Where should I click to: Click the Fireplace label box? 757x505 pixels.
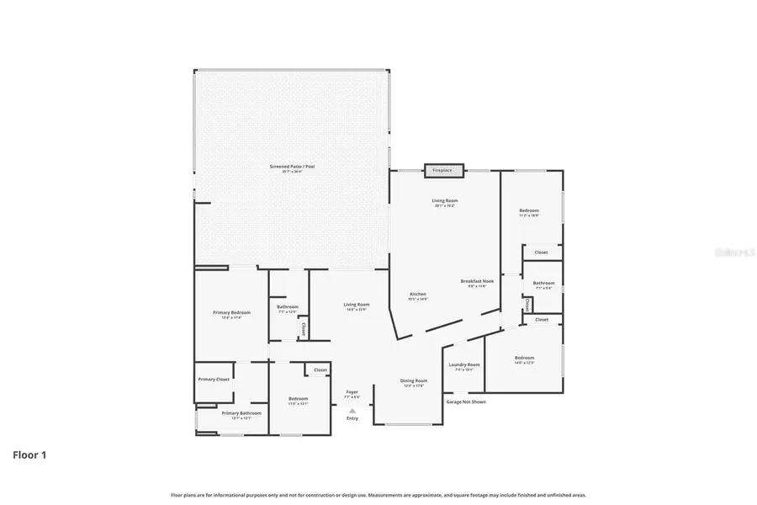point(442,171)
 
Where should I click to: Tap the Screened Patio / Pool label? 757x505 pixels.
point(292,167)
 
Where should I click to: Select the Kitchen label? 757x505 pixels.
point(417,295)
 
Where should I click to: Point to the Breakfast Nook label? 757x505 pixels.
point(478,281)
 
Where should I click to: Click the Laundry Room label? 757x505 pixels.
point(464,364)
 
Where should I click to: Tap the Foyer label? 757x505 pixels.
point(352,391)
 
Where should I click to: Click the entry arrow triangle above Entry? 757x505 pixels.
point(352,411)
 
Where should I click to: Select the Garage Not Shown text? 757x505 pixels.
point(466,401)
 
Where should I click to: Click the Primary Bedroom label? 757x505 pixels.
point(226,312)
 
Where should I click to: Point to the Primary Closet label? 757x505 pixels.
point(214,380)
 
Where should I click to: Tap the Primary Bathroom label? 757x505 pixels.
point(241,413)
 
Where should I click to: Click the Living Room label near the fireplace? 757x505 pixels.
point(444,200)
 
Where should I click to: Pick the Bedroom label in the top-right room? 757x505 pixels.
point(529,210)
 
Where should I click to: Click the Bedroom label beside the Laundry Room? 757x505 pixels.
point(524,358)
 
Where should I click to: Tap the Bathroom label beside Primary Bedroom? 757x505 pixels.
point(288,306)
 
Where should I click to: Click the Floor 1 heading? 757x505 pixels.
point(29,455)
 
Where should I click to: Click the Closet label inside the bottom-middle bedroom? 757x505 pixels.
point(320,369)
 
